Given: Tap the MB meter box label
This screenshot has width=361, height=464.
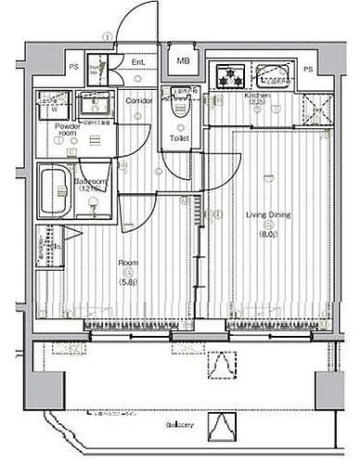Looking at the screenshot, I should coord(183,62).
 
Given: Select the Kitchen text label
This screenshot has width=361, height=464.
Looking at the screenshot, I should coord(257,97).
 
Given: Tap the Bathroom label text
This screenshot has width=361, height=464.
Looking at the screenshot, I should coord(87,182).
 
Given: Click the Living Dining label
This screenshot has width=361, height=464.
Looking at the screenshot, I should coord(267,214).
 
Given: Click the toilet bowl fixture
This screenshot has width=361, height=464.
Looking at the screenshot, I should coord(181,109).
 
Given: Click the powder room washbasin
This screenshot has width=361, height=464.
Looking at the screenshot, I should coord(92,103).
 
